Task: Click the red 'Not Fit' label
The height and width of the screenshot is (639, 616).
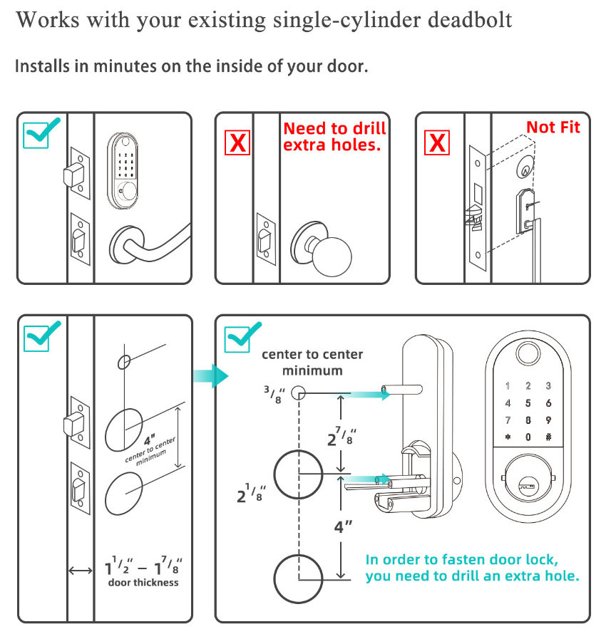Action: coord(553,128)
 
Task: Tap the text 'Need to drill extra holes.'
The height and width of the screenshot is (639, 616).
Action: coord(334,136)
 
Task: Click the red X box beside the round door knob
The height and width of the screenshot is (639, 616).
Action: coord(237,142)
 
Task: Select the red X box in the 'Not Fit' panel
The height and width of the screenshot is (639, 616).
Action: coord(437,142)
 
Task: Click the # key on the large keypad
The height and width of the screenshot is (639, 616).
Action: coord(548,437)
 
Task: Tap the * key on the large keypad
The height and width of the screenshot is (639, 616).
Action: coord(508,437)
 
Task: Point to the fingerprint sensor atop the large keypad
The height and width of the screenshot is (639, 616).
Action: coord(528,354)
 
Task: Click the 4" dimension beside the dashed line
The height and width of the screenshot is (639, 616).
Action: coord(344,527)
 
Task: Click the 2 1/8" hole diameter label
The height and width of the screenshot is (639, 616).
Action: coord(251,492)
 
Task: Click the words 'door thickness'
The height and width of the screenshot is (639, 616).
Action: coord(143,583)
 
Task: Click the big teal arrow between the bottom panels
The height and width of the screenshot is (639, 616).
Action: coord(212,375)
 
